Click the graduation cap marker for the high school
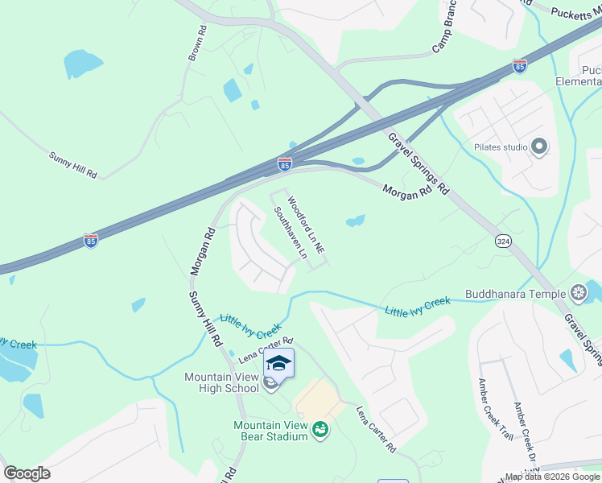278,363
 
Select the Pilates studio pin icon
539,147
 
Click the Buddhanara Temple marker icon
578,293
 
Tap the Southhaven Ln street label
291,233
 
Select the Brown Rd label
198,42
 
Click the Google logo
27,473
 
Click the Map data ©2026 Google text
553,477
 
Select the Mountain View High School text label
221,382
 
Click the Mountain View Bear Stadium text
270,431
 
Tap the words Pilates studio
495,147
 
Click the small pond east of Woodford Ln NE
355,220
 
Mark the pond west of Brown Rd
83,63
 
